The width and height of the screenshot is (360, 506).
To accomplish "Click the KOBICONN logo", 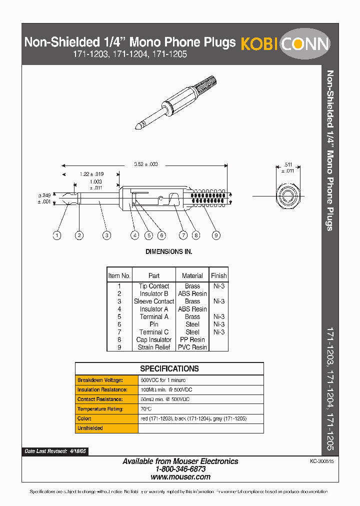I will tap(285, 44).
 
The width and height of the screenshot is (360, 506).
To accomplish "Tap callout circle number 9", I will tap(215, 235).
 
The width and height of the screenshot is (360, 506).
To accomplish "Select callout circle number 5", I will tap(148, 235).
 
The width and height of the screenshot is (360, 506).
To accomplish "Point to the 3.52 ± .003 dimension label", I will tap(146, 164).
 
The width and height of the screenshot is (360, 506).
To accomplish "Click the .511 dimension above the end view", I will tap(288, 164).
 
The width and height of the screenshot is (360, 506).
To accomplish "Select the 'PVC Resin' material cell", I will tap(192, 347).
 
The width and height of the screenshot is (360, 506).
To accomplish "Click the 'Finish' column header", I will tap(218, 275).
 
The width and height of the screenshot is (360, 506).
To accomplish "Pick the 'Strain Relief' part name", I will tap(153, 347).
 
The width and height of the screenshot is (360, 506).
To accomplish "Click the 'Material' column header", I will tap(192, 275).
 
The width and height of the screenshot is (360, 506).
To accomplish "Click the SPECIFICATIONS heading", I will tap(169, 368).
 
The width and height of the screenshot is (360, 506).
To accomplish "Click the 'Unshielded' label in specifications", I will tap(90, 428).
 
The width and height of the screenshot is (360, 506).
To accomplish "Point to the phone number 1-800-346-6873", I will tap(180, 469).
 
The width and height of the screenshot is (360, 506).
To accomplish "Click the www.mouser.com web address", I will tap(180, 477).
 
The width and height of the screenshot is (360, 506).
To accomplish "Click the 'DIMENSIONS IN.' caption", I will tap(168, 252).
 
